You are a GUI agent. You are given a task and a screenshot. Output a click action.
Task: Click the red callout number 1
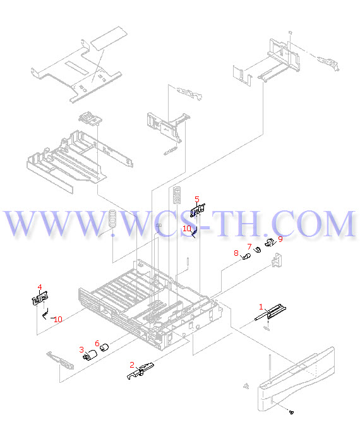tap(261, 307)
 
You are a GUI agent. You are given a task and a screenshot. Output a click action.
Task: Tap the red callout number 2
tap(131, 365)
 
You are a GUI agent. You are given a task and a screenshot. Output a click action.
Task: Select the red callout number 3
tap(81, 349)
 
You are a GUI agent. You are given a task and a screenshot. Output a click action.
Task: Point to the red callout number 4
tap(40, 287)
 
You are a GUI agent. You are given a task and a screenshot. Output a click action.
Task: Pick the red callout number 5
tap(197, 199)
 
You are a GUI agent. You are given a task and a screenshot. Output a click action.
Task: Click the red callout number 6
tap(97, 343)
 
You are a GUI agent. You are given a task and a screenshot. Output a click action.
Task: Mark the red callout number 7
tap(249, 246)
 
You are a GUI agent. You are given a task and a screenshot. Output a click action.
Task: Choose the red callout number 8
tap(236, 253)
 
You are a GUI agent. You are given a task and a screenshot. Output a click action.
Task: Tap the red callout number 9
tap(280, 239)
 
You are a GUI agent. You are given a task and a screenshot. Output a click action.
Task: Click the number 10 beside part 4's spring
tap(58, 320)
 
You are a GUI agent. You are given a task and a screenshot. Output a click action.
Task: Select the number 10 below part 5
tap(187, 228)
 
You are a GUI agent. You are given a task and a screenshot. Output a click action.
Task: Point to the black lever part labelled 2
tap(140, 371)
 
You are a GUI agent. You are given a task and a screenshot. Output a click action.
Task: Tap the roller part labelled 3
tap(90, 354)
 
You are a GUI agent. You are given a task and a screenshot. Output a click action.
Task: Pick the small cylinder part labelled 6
tap(104, 347)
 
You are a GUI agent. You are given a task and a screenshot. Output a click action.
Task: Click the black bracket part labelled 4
tap(40, 298)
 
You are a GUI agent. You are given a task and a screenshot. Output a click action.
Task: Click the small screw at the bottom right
tap(291, 412)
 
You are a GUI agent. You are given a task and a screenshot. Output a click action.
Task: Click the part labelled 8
tap(246, 257)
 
